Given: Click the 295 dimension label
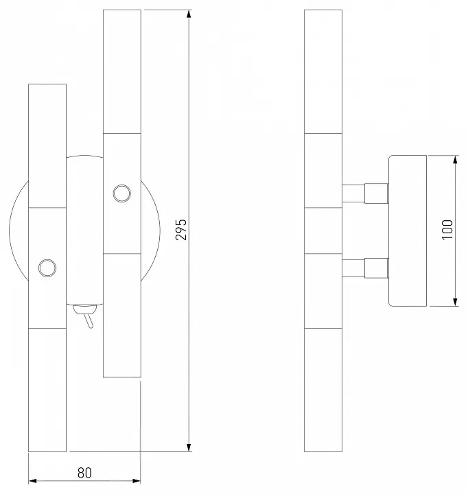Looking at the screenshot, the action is click(181, 230).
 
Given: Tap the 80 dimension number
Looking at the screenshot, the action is click(84, 473).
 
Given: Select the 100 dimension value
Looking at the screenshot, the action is click(447, 230).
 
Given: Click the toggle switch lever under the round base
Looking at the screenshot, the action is click(89, 320).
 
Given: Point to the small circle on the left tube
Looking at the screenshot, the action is click(47, 268).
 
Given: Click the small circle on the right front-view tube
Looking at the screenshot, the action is click(122, 193).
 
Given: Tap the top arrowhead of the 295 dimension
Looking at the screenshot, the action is click(189, 14).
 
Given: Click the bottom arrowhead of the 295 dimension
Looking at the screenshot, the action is click(189, 447).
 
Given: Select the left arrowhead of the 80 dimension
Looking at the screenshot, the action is click(33, 481).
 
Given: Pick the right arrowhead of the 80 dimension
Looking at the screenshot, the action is click(137, 481).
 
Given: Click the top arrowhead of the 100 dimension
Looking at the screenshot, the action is click(455, 160).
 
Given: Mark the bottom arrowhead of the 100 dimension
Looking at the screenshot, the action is click(455, 302).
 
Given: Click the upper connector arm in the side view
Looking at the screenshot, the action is click(365, 193).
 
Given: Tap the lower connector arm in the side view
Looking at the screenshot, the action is click(365, 268).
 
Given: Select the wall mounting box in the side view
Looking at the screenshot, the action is click(408, 231).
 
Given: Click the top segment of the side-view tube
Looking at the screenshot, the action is click(323, 71).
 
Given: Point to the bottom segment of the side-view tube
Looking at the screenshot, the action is click(323, 390).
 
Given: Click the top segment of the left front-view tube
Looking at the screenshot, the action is click(47, 146).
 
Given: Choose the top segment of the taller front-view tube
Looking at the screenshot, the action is click(122, 71).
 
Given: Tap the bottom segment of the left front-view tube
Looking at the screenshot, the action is click(47, 390).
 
